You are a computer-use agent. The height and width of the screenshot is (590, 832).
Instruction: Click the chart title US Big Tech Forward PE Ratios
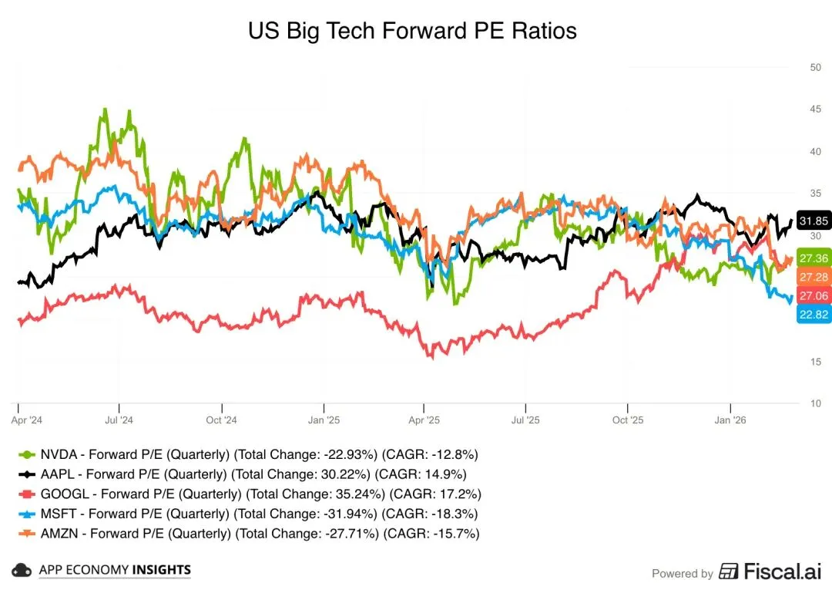tap(412, 31)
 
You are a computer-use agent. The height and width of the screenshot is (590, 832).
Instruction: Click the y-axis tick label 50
tap(815, 67)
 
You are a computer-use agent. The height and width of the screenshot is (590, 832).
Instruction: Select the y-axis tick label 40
tap(815, 151)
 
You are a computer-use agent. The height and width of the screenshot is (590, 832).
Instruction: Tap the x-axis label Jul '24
tap(119, 420)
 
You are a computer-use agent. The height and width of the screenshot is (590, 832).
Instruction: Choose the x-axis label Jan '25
tap(324, 420)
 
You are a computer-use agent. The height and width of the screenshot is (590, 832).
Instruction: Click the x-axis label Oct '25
tap(627, 420)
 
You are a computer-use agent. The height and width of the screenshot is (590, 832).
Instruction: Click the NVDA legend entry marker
tap(28, 454)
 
